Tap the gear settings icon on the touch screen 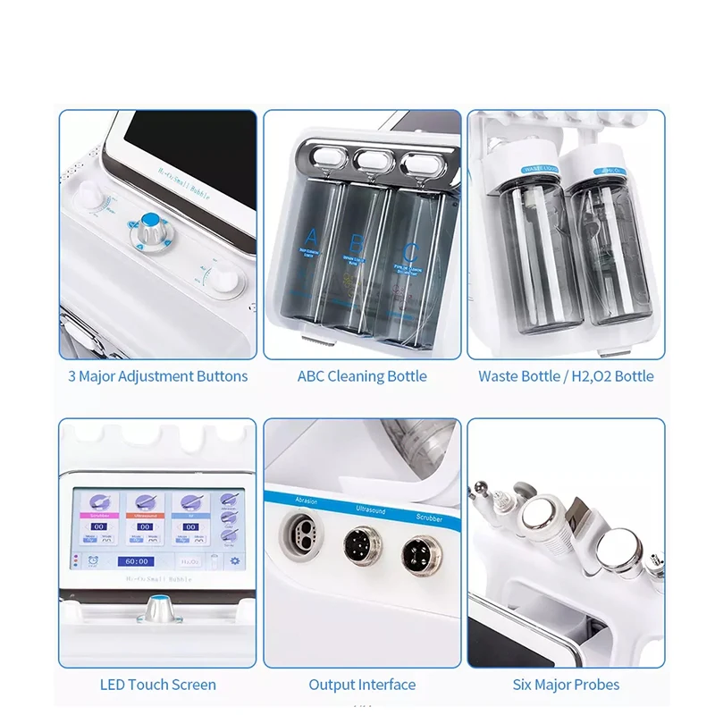(x=235, y=560)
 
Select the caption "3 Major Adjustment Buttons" (x=157, y=376)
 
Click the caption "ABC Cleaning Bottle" (x=362, y=376)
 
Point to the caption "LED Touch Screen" (x=157, y=685)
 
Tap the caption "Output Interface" (x=362, y=685)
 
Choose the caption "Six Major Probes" (x=566, y=685)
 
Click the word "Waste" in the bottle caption (x=498, y=376)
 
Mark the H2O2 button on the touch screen (x=189, y=561)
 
